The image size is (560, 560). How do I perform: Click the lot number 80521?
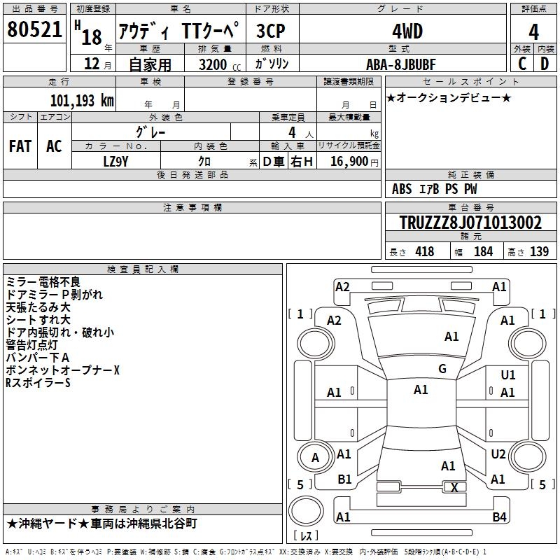pyautogui.click(x=34, y=29)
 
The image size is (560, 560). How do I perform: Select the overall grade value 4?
pyautogui.click(x=533, y=32)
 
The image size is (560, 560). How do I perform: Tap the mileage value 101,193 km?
pyautogui.click(x=82, y=101)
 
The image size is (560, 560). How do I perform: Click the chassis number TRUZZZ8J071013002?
pyautogui.click(x=470, y=223)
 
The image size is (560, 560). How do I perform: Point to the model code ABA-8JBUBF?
pyautogui.click(x=401, y=64)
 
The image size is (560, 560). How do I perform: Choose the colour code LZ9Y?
pyautogui.click(x=115, y=162)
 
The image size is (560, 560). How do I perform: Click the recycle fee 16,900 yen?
pyautogui.click(x=354, y=162)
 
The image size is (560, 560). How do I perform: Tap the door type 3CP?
pyautogui.click(x=271, y=31)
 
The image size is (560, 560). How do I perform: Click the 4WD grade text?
pyautogui.click(x=407, y=31)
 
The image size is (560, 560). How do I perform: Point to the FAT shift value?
pyautogui.click(x=20, y=146)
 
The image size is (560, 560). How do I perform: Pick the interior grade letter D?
pyautogui.click(x=545, y=64)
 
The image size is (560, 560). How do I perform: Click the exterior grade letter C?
pyautogui.click(x=522, y=64)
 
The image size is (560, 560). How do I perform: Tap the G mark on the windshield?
pyautogui.click(x=442, y=369)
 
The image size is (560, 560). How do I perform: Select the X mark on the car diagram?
pyautogui.click(x=454, y=487)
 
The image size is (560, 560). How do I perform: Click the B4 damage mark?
pyautogui.click(x=499, y=517)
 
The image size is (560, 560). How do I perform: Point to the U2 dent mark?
pyautogui.click(x=498, y=454)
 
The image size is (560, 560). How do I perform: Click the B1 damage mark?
pyautogui.click(x=344, y=479)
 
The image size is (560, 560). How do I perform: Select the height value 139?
pyautogui.click(x=539, y=252)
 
